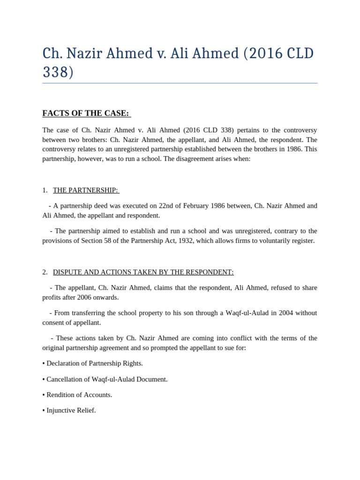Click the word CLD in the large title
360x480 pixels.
(x=294, y=53)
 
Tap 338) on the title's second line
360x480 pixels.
(x=58, y=72)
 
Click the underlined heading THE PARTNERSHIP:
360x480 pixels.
(x=86, y=190)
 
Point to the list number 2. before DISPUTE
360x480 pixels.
(x=45, y=272)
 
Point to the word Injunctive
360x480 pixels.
(x=61, y=410)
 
